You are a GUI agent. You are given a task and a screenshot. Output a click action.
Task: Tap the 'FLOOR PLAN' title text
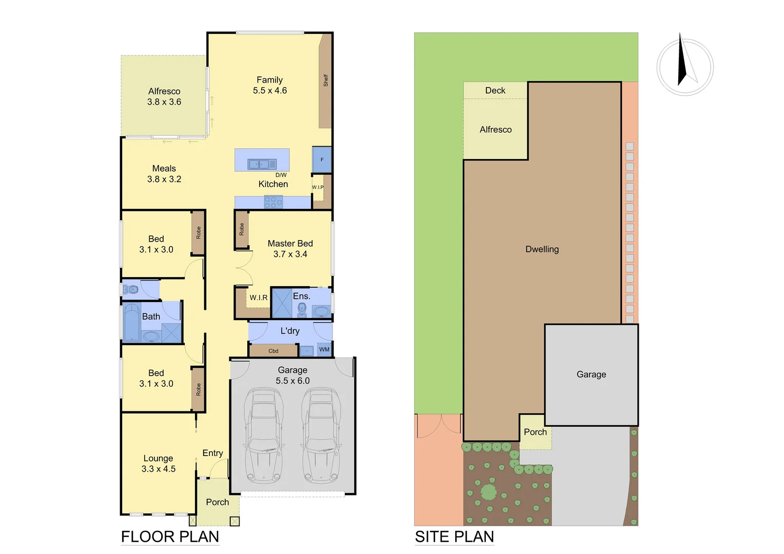(170, 537)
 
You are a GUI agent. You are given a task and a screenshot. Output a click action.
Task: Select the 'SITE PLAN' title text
(454, 537)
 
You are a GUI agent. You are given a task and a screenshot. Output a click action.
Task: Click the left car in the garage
(264, 436)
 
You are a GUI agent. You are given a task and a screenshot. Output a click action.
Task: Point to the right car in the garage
(321, 436)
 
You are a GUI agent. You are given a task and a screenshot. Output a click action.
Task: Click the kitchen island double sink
(262, 164)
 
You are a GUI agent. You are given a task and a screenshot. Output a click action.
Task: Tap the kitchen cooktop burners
(273, 202)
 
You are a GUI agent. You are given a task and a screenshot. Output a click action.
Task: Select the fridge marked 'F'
(322, 160)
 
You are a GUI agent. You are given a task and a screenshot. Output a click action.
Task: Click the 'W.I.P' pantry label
(318, 187)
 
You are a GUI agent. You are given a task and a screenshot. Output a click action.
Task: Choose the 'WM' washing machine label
(324, 350)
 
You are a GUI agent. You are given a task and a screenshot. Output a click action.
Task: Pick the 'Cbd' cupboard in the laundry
(273, 351)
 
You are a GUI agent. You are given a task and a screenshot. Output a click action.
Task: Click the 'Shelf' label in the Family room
(325, 80)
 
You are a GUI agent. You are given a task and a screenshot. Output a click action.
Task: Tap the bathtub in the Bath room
(132, 323)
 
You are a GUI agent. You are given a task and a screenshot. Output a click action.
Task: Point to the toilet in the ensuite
(302, 309)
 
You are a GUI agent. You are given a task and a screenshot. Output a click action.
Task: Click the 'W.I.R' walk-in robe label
(259, 298)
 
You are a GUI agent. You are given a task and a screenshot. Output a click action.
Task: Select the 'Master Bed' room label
(290, 244)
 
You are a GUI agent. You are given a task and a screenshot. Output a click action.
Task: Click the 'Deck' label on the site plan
(495, 90)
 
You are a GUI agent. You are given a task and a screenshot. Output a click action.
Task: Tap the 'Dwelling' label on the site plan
(542, 249)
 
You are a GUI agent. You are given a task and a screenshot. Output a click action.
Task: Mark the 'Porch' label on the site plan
(535, 432)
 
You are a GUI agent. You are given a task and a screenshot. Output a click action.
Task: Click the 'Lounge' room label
(158, 458)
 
